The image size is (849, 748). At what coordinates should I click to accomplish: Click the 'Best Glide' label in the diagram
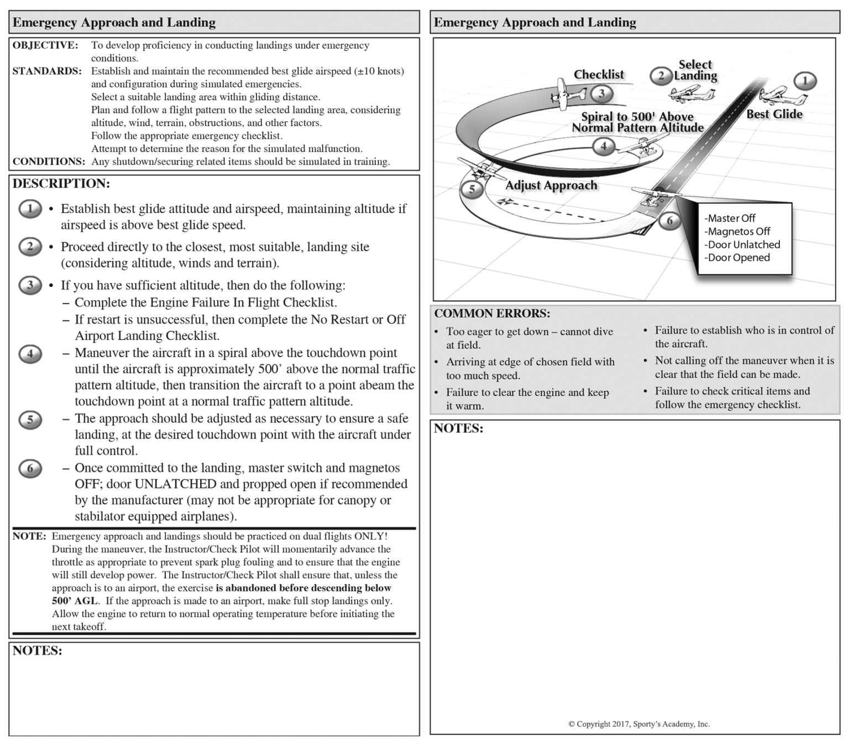774,114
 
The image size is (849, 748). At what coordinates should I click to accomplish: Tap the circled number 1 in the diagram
805,81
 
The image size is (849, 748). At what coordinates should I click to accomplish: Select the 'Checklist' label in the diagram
598,75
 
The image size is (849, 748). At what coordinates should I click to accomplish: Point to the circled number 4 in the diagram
603,147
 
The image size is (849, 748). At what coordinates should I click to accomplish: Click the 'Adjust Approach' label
551,185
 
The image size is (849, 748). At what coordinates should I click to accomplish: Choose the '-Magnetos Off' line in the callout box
737,232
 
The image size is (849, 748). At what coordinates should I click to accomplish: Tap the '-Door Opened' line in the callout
737,258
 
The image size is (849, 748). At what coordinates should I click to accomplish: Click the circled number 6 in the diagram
669,221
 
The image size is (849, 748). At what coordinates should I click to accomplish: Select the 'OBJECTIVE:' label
45,45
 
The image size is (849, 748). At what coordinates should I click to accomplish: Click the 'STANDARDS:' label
47,71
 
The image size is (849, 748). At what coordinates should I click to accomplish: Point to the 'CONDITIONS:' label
49,161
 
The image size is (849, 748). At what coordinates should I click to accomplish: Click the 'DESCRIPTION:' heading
61,184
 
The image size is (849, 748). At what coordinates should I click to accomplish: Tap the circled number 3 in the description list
30,285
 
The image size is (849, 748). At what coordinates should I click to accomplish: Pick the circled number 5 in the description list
30,420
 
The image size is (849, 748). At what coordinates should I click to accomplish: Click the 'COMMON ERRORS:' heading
492,313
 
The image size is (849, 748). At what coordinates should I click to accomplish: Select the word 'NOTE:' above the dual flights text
29,536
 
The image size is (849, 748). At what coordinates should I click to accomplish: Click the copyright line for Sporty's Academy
639,724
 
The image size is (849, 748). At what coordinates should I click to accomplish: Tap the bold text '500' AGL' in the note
75,601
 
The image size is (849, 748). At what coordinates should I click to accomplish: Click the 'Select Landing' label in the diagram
695,70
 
